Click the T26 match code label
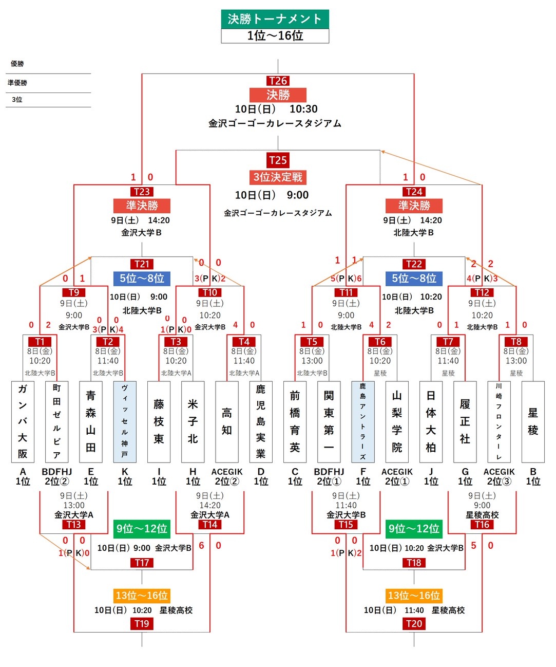pyautogui.click(x=278, y=81)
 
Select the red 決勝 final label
pyautogui.click(x=278, y=95)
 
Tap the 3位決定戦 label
pyautogui.click(x=278, y=177)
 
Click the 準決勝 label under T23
pyautogui.click(x=142, y=206)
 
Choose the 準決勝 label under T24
pyautogui.click(x=414, y=206)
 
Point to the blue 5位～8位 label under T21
pyautogui.click(x=142, y=279)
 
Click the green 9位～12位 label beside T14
pyautogui.click(x=142, y=529)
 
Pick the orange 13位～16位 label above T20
pyautogui.click(x=414, y=596)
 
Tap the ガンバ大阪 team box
pyautogui.click(x=23, y=421)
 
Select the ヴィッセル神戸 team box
pyautogui.click(x=125, y=421)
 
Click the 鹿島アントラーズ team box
pyautogui.click(x=363, y=421)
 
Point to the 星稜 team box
pyautogui.click(x=533, y=421)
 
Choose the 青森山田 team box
pyautogui.click(x=91, y=421)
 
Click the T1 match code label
pyautogui.click(x=40, y=342)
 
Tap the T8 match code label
pyautogui.click(x=516, y=342)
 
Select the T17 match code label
pyautogui.click(x=142, y=563)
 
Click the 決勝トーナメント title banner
pyautogui.click(x=275, y=19)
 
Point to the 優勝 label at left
pyautogui.click(x=17, y=64)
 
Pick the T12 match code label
pyautogui.click(x=482, y=292)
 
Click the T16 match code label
pyautogui.click(x=482, y=525)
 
